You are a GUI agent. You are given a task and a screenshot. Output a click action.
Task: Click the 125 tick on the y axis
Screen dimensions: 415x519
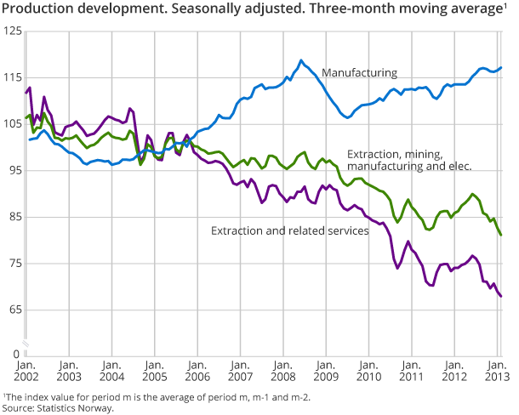pyautogui.click(x=13, y=31)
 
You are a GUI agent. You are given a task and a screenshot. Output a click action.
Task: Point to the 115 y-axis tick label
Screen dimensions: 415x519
pyautogui.click(x=13, y=77)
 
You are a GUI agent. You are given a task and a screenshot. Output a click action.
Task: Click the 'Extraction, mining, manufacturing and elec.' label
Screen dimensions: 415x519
pyautogui.click(x=408, y=161)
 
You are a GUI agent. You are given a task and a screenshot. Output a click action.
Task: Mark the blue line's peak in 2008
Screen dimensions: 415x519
pyautogui.click(x=301, y=60)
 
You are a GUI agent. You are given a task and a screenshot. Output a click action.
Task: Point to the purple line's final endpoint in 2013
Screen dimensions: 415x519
pyautogui.click(x=501, y=296)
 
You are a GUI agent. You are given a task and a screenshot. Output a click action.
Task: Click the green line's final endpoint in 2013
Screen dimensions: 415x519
pyautogui.click(x=501, y=235)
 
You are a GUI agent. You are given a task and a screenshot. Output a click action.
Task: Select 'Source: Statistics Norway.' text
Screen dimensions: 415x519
pyautogui.click(x=57, y=407)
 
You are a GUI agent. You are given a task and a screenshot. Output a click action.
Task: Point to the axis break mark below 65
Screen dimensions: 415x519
pyautogui.click(x=26, y=342)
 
